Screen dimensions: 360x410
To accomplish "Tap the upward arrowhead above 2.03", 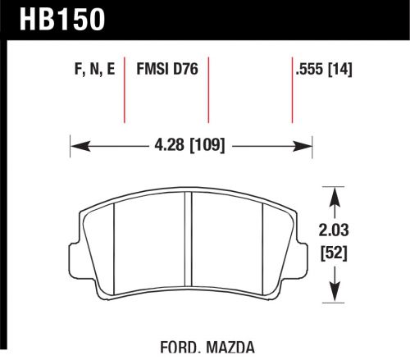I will (334, 195).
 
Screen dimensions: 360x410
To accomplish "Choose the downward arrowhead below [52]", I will (334, 293).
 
